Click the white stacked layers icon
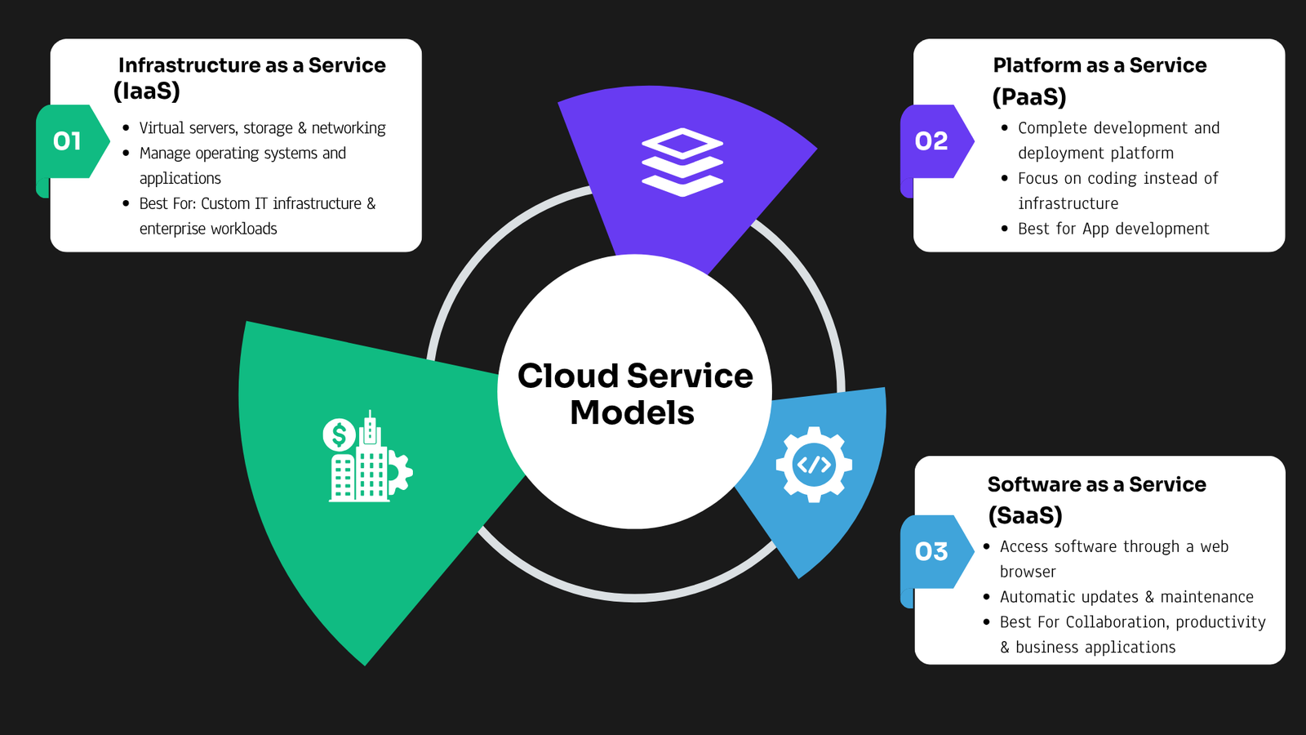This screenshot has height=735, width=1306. pyautogui.click(x=682, y=163)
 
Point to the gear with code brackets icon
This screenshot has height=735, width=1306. pyautogui.click(x=814, y=465)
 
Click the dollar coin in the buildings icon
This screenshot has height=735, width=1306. pyautogui.click(x=339, y=434)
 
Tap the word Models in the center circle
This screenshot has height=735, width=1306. pyautogui.click(x=632, y=413)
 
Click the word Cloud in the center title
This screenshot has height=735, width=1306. pyautogui.click(x=568, y=376)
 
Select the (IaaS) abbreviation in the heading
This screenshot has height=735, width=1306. pyautogui.click(x=146, y=91)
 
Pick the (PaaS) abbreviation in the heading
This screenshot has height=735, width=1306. pyautogui.click(x=1029, y=97)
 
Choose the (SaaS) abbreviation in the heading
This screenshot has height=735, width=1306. pyautogui.click(x=1025, y=515)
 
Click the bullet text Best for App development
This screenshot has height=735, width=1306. pyautogui.click(x=1113, y=229)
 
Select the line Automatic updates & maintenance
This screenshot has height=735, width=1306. pyautogui.click(x=1126, y=597)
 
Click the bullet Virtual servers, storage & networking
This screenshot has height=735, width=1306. pyautogui.click(x=262, y=127)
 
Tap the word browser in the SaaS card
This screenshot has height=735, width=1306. pyautogui.click(x=1028, y=572)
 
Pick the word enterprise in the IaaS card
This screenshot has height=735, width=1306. pyautogui.click(x=172, y=229)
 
